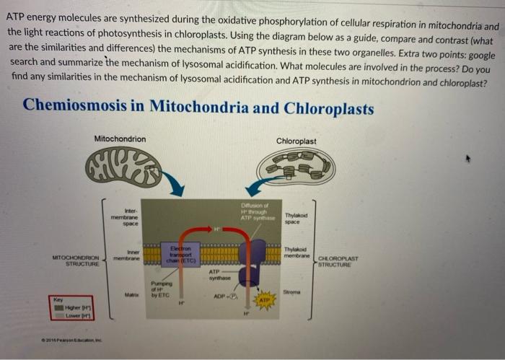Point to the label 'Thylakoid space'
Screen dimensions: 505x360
coord(297,219)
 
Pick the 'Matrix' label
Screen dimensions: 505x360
coord(131,294)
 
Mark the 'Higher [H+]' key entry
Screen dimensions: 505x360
coord(76,308)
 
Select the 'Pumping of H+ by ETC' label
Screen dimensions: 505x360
coord(159,290)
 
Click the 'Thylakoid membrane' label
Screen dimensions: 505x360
coord(297,253)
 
